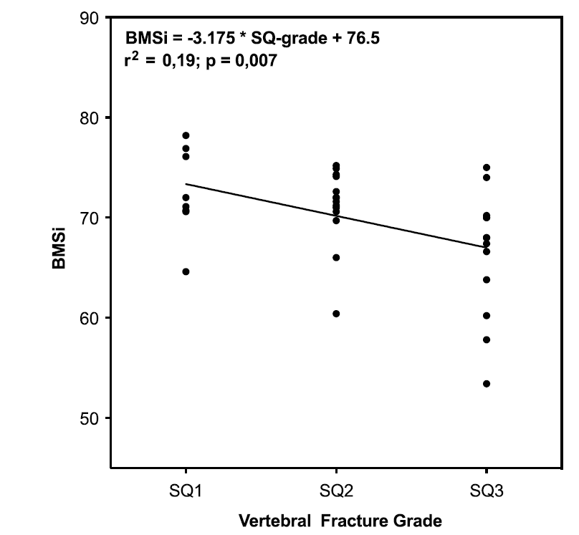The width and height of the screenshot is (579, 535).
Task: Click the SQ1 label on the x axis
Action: pos(186,491)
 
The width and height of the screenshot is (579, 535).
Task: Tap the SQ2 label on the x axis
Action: pos(336,491)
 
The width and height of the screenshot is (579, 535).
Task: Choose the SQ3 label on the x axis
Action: pos(487,491)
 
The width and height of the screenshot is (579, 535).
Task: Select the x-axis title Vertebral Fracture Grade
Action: pos(336,521)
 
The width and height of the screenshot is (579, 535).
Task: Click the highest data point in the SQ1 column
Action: pos(186,135)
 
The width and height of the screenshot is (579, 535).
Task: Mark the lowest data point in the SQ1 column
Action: pos(186,271)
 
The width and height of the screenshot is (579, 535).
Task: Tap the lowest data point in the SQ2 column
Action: pos(336,314)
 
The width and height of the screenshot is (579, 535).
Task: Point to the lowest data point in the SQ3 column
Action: pos(487,384)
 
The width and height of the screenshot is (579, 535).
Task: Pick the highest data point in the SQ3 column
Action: pos(487,168)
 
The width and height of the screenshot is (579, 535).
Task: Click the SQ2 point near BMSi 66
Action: pos(336,257)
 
